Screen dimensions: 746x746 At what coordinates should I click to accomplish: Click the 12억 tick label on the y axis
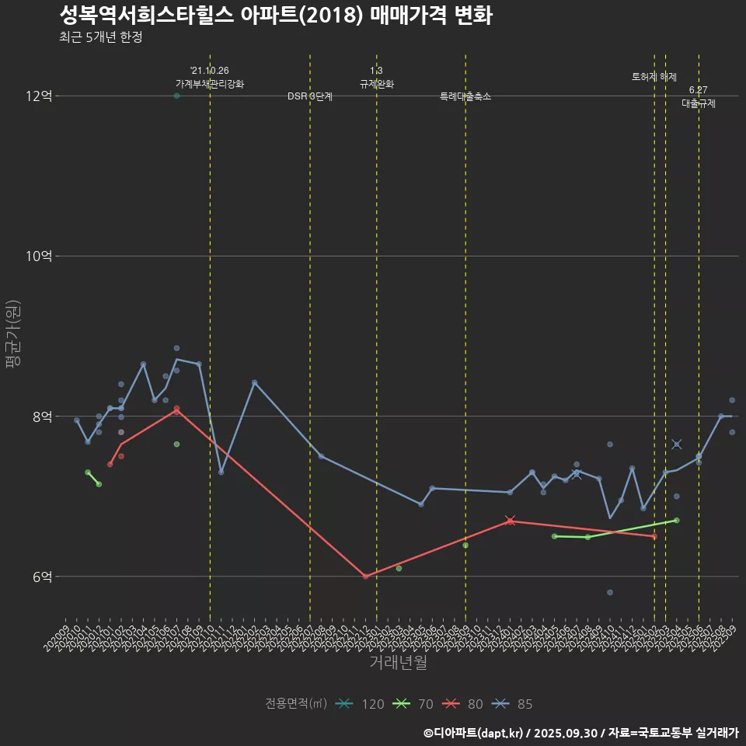click(x=39, y=96)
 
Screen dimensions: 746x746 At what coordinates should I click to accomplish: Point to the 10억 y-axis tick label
click(x=39, y=256)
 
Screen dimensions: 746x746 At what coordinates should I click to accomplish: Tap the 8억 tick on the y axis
click(x=42, y=417)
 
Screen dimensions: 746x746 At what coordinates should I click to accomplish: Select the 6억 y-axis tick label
click(x=42, y=577)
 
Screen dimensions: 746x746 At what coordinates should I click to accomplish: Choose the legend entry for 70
click(x=413, y=704)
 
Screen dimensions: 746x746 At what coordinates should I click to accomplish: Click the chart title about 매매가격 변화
click(x=275, y=16)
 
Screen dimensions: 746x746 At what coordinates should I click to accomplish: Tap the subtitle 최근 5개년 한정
click(x=100, y=37)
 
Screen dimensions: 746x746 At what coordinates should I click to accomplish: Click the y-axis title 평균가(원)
click(x=13, y=336)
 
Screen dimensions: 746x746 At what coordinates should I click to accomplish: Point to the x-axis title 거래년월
click(x=398, y=663)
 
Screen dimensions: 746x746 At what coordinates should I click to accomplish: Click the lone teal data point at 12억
click(x=176, y=96)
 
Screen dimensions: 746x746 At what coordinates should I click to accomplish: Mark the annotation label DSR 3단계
click(x=310, y=96)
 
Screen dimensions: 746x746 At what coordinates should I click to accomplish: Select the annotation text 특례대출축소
click(x=465, y=96)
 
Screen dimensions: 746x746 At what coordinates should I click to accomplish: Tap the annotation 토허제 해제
click(x=654, y=77)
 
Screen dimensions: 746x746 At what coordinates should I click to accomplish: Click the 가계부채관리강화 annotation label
click(x=210, y=84)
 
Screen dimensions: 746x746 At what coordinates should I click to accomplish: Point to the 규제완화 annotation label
click(x=377, y=84)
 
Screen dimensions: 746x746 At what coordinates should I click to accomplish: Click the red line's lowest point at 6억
click(x=365, y=577)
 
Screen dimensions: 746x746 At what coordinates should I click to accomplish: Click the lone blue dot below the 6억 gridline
click(x=610, y=592)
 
